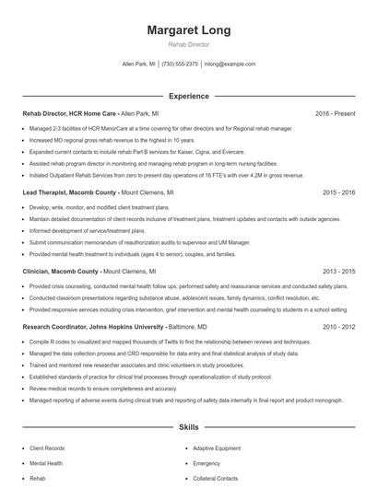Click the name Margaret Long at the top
[188, 30]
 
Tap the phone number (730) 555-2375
[180, 64]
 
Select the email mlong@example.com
[229, 64]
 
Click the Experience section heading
[188, 95]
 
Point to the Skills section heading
[188, 428]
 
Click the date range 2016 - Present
[335, 113]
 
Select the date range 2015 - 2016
[338, 192]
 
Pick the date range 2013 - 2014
[338, 272]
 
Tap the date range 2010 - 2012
[338, 326]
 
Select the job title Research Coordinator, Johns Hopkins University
[89, 326]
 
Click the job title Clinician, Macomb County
[61, 272]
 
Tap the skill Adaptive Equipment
[223, 447]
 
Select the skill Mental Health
[47, 463]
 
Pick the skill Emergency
[207, 463]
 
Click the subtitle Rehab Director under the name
[188, 44]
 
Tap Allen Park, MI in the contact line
[139, 64]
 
